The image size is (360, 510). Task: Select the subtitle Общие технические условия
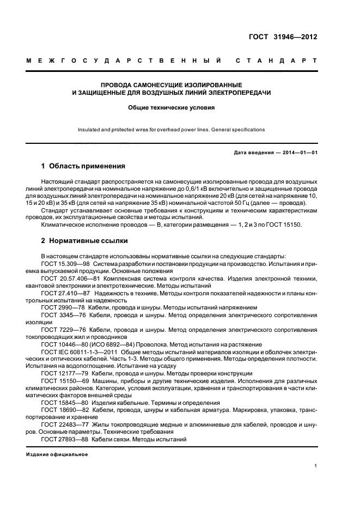[172, 108]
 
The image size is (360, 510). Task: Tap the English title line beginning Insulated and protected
[172, 130]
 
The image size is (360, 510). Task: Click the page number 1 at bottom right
[316, 466]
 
